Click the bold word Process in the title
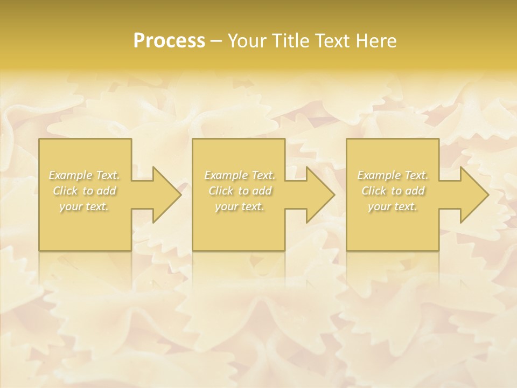169,41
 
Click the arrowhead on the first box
164,195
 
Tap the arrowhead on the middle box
318,195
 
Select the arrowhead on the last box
472,195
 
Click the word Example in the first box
70,175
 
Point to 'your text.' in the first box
85,206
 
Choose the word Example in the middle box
225,175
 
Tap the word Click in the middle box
220,191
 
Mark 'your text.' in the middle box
239,206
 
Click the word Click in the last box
374,191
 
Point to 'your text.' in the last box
393,206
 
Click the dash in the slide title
216,41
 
